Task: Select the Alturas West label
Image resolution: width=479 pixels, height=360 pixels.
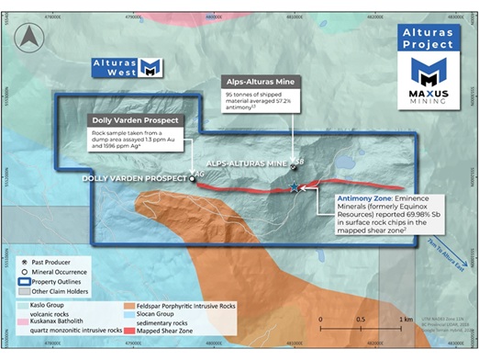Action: pyautogui.click(x=112, y=66)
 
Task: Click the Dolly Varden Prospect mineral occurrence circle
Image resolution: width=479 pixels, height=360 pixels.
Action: pyautogui.click(x=191, y=180)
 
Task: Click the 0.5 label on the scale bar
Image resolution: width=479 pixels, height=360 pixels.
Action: pyautogui.click(x=362, y=319)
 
